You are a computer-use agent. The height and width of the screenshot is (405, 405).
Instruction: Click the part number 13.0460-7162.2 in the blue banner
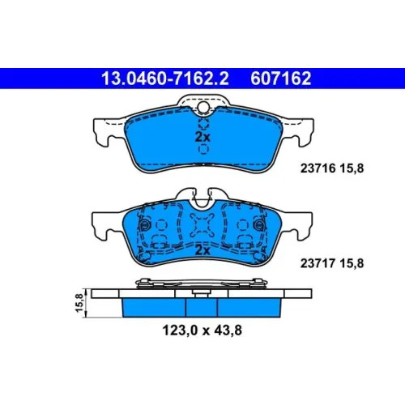click(164, 79)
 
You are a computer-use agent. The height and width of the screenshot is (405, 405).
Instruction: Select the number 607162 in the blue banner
click(281, 79)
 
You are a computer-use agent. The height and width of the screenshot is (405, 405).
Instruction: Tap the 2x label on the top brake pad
click(202, 137)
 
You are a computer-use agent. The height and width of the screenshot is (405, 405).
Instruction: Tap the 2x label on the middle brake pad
click(202, 250)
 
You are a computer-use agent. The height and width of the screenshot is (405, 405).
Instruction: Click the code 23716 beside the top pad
click(318, 168)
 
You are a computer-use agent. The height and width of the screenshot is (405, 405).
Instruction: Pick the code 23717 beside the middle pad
click(318, 263)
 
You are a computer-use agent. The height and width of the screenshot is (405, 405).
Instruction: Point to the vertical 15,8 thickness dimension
click(79, 303)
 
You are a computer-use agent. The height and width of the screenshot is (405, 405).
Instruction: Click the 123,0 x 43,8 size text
click(202, 330)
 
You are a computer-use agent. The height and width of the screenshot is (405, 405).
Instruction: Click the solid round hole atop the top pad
click(203, 107)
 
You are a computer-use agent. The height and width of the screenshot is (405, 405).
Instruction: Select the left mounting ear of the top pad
click(108, 131)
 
